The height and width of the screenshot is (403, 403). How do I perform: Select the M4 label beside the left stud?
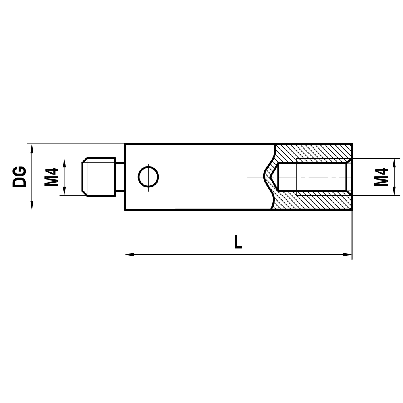click(52, 177)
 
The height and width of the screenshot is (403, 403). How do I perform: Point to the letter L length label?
click(238, 242)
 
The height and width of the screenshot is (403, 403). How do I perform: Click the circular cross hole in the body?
click(148, 177)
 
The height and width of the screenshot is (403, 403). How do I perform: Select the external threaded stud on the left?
click(99, 177)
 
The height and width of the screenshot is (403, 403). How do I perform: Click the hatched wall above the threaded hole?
click(314, 151)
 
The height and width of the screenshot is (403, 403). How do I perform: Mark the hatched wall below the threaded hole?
click(314, 203)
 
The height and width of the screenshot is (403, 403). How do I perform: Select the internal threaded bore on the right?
click(314, 177)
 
